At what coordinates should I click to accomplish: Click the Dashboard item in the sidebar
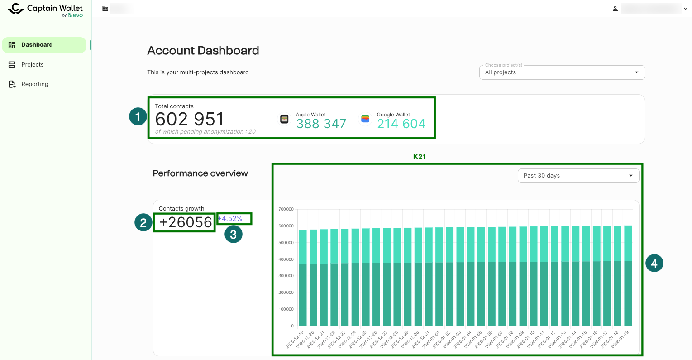(x=37, y=45)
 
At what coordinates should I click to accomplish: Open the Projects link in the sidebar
(x=32, y=65)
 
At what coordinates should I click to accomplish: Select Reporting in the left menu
(x=34, y=84)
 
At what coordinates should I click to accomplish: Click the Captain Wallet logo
(x=45, y=10)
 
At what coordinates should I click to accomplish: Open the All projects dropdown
(x=562, y=72)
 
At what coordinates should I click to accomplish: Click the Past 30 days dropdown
(x=578, y=176)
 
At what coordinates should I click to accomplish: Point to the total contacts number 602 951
(x=189, y=120)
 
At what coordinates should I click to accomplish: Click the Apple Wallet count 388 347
(x=321, y=124)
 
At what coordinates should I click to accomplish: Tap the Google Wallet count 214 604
(x=401, y=124)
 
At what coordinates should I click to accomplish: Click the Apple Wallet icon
(x=284, y=119)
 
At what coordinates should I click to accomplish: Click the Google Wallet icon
(x=365, y=119)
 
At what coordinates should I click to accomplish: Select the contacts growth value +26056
(x=186, y=222)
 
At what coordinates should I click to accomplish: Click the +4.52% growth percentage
(x=231, y=219)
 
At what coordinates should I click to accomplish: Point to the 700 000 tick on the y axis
(x=286, y=209)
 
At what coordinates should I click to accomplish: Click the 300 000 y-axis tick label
(x=286, y=276)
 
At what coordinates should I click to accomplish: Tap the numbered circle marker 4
(x=654, y=263)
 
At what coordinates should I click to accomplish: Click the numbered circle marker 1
(x=138, y=116)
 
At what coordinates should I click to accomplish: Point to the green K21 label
(x=419, y=157)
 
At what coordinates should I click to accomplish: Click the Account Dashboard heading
(x=203, y=51)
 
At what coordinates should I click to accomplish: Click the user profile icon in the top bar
(x=615, y=9)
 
